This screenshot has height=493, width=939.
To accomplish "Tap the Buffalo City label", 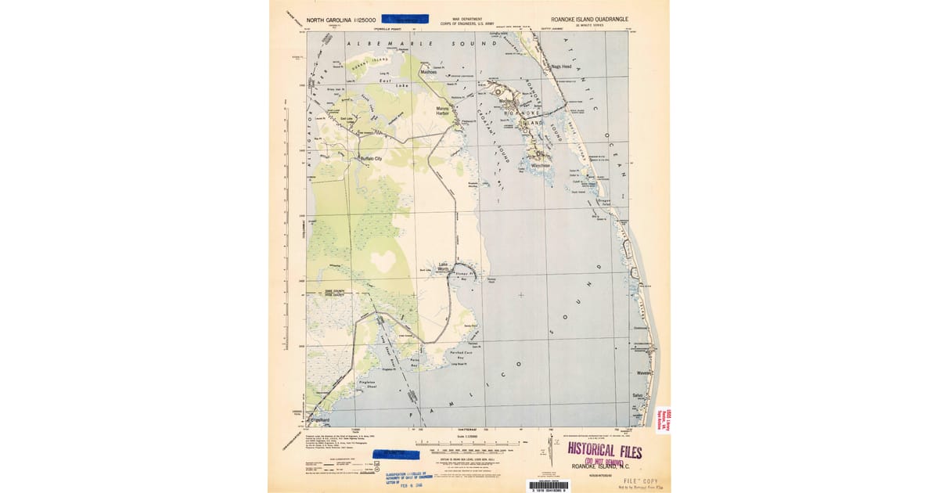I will coord(369,159).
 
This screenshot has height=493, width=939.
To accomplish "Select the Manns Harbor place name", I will coord(443,111).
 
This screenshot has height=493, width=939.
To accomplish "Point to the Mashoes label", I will coord(428,72).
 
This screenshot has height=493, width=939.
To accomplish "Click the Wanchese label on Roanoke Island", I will coord(540,165).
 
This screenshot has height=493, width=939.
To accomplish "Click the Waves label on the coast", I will coord(643,372).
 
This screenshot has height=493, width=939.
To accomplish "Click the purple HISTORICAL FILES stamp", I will coord(605,452).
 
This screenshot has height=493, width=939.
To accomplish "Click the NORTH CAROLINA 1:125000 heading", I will coord(341,19).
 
